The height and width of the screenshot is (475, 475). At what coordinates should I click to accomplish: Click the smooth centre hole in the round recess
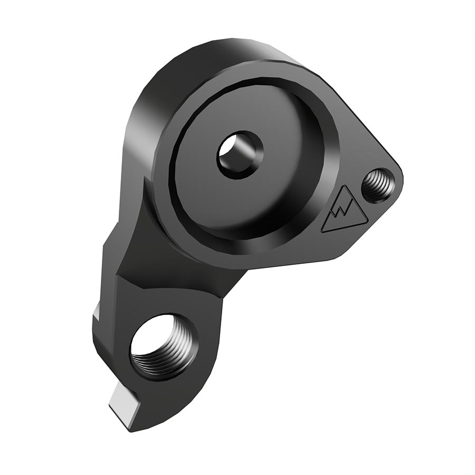[x=239, y=155]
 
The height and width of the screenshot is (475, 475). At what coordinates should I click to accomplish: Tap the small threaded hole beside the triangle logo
[x=378, y=185]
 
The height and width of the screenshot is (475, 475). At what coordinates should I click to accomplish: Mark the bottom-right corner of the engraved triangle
[x=367, y=222]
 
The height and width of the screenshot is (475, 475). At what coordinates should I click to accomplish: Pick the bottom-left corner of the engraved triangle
[x=322, y=231]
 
